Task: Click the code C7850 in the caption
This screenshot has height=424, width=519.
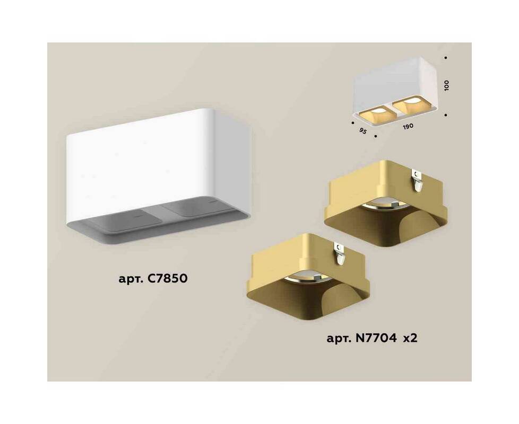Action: [168, 278]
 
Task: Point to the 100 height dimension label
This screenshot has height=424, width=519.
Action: [447, 85]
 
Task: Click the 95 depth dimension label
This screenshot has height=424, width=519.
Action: [363, 131]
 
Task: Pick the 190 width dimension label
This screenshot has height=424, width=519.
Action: [408, 126]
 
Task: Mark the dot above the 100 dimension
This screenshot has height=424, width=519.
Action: [446, 57]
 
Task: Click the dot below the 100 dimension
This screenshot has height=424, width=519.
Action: [446, 115]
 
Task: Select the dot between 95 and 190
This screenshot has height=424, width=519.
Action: [375, 136]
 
